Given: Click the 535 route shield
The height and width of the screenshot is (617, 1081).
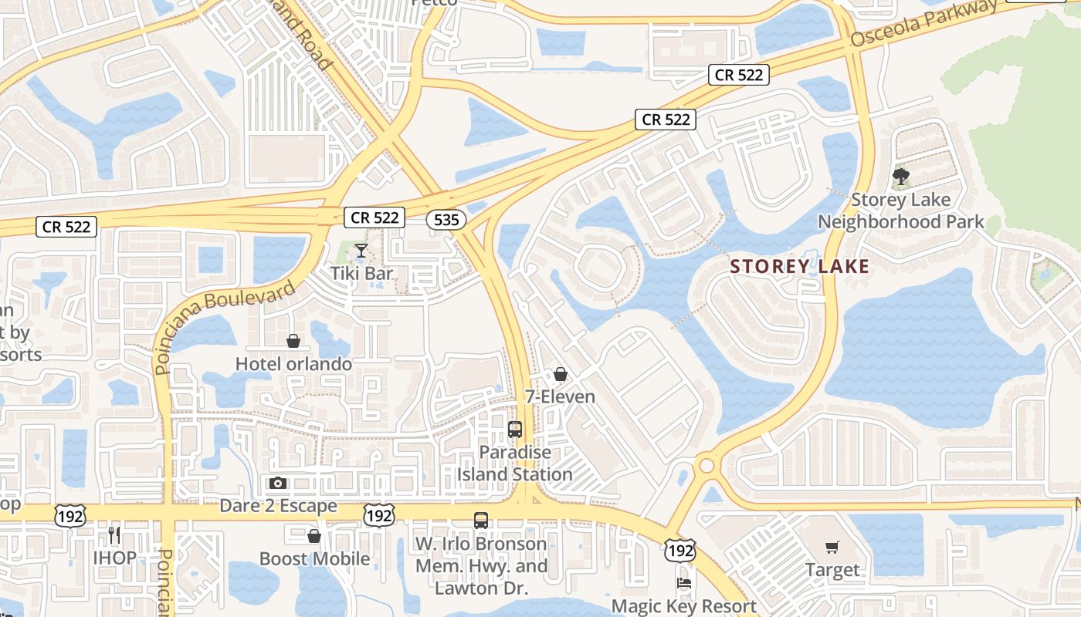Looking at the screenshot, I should click(446, 220).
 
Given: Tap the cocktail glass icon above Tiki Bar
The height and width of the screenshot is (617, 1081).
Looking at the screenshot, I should click(361, 251).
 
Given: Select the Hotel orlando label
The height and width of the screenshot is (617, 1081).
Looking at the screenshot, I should click(293, 363).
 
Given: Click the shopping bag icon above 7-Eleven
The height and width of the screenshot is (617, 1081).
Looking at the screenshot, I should click(561, 375).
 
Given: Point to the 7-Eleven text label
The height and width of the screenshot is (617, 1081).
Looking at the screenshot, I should click(560, 397).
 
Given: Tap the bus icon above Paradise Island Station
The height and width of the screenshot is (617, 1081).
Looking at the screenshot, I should click(515, 430).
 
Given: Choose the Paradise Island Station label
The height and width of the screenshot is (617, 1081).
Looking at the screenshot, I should click(515, 463).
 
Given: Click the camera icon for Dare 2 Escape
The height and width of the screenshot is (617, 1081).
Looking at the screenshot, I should click(278, 484).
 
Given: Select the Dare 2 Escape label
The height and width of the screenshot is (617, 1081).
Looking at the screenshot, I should click(278, 506).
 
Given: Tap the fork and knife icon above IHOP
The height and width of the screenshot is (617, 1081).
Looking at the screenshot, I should click(114, 534).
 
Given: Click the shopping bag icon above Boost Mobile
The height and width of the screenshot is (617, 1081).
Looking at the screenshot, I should click(314, 536).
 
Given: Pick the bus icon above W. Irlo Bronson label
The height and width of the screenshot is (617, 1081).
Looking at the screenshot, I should click(481, 521).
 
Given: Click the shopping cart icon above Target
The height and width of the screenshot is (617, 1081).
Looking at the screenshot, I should click(832, 548).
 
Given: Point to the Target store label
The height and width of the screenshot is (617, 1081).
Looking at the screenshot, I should click(832, 570).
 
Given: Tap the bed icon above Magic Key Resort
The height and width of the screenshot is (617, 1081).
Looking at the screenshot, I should click(683, 583).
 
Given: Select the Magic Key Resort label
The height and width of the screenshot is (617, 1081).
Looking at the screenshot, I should click(683, 605).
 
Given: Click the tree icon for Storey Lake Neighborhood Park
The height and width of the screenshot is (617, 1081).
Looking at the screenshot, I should click(900, 177).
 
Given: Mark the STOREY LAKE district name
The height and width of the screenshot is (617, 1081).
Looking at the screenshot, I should click(800, 267).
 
